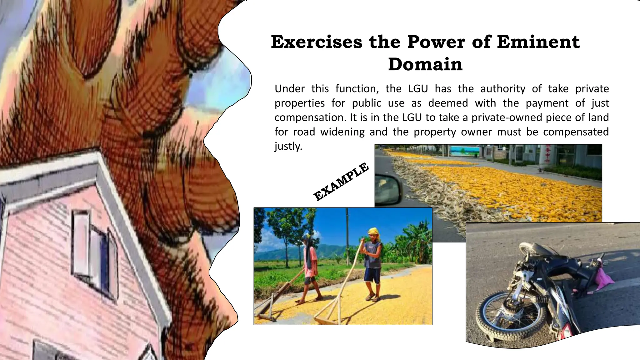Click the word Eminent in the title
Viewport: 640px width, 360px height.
click(538, 42)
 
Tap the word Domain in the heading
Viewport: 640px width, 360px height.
click(425, 64)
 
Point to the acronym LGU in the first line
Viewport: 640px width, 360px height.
click(418, 89)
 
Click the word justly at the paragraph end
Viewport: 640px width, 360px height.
click(288, 146)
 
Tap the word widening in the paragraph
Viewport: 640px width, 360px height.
click(342, 132)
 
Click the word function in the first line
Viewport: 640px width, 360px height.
click(357, 89)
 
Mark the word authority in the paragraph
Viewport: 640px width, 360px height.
click(503, 89)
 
